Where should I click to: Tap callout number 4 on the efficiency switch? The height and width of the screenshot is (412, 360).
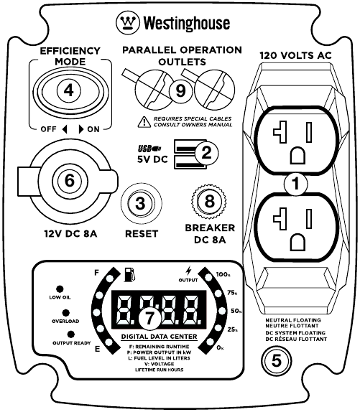coord(68,91)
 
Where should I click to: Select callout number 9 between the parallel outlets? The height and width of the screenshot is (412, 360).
coord(182,90)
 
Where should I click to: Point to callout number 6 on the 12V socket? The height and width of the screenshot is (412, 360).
coord(69,182)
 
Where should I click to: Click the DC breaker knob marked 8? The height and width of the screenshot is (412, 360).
coord(209,202)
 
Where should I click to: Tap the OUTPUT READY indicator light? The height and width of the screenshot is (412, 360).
coord(70,334)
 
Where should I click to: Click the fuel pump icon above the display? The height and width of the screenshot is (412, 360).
coord(129,274)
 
